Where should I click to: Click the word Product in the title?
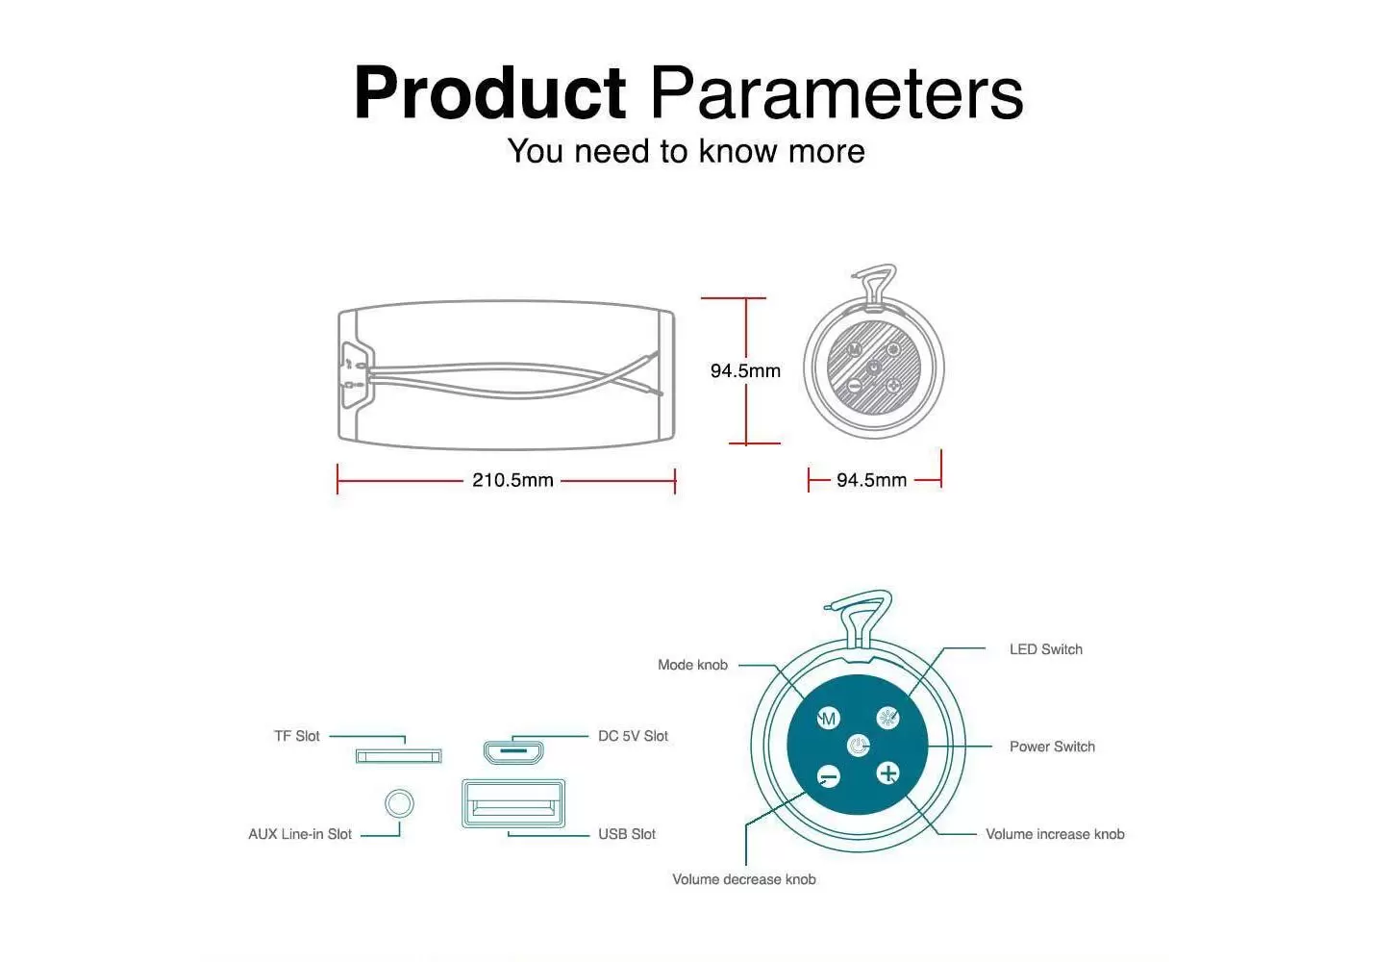point(489,92)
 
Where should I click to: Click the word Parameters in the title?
point(837,92)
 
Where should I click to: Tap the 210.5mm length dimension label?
point(512,480)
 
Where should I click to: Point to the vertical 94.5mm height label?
point(745,370)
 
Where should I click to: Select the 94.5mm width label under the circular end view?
point(872,480)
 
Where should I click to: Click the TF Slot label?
point(297,736)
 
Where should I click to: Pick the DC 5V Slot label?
point(633,736)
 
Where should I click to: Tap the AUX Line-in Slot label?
point(300,834)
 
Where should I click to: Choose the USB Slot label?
point(627,834)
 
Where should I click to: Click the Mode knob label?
point(692,665)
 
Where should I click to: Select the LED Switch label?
point(1046,649)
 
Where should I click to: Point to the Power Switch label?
point(1052,747)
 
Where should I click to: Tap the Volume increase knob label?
point(1055,834)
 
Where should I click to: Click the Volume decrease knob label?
point(744,880)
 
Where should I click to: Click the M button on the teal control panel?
point(828,719)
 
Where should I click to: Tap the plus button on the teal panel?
point(888,773)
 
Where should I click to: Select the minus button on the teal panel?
point(829,777)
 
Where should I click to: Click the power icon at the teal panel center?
point(858,747)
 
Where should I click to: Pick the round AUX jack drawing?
point(399,803)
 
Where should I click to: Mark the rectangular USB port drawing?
point(513,803)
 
